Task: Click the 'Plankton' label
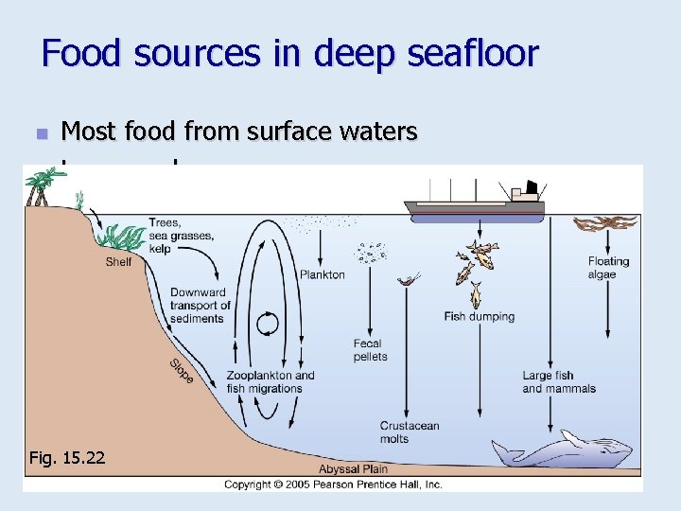(x=323, y=274)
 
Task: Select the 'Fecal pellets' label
(x=370, y=350)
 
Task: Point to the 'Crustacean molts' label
(x=410, y=432)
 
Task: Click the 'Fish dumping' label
(x=480, y=316)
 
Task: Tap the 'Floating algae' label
(x=608, y=268)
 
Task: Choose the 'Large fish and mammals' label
(x=559, y=382)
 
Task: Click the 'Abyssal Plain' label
(x=353, y=469)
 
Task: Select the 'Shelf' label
(x=118, y=261)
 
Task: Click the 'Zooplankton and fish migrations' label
(x=271, y=381)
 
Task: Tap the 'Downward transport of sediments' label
(x=201, y=306)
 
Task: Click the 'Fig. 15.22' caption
(x=68, y=458)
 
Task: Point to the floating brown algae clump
(x=605, y=224)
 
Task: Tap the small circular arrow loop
(x=269, y=325)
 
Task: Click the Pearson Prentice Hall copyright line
(x=333, y=485)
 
